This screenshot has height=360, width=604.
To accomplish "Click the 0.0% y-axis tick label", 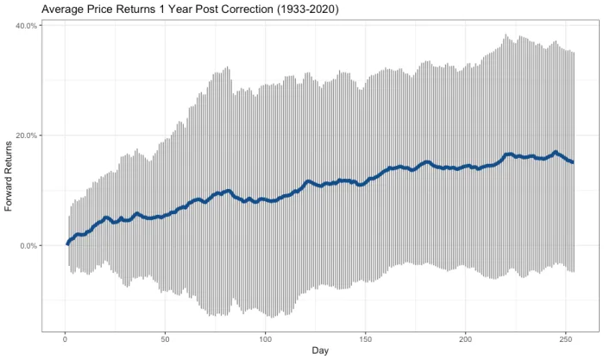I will (x=28, y=246).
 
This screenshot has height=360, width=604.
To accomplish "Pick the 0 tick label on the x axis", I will (x=65, y=338).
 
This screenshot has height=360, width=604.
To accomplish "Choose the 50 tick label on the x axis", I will (x=165, y=338).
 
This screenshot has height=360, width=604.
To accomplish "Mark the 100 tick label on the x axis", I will (x=265, y=338).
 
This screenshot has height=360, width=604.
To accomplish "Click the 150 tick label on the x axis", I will (x=366, y=338).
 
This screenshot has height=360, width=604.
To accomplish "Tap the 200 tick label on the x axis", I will (x=466, y=338).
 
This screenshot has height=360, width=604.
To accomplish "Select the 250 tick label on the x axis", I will (x=566, y=338).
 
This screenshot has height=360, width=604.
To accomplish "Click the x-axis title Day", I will (x=320, y=351).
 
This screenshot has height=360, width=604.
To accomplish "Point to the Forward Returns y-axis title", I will (x=9, y=177).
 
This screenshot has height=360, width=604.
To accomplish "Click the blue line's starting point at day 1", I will (x=67, y=243).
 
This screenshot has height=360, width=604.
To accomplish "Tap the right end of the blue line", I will (x=573, y=162).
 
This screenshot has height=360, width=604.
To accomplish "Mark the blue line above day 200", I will (x=466, y=166).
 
